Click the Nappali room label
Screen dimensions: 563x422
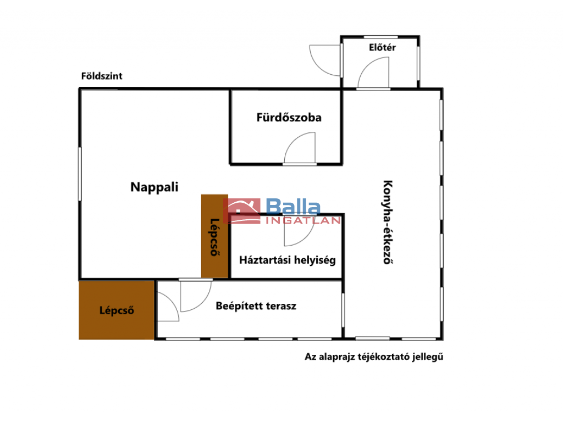[154, 187]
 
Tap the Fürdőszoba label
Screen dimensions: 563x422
[289, 118]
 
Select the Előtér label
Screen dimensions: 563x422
[382, 47]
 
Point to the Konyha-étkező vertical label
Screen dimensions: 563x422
[388, 222]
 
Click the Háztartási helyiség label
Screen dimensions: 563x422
[287, 260]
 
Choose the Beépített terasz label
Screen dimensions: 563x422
[256, 306]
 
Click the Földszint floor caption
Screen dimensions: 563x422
[102, 76]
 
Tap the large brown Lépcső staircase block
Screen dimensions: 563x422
[117, 310]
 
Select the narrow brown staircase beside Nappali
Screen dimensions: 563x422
[214, 236]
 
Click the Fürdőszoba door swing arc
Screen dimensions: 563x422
[291, 141]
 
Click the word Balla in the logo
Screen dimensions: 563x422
[293, 207]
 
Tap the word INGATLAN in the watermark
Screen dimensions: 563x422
[303, 220]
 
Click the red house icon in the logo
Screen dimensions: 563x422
[242, 211]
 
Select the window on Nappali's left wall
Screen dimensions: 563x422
[80, 174]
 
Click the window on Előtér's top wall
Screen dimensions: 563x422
[380, 37]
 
